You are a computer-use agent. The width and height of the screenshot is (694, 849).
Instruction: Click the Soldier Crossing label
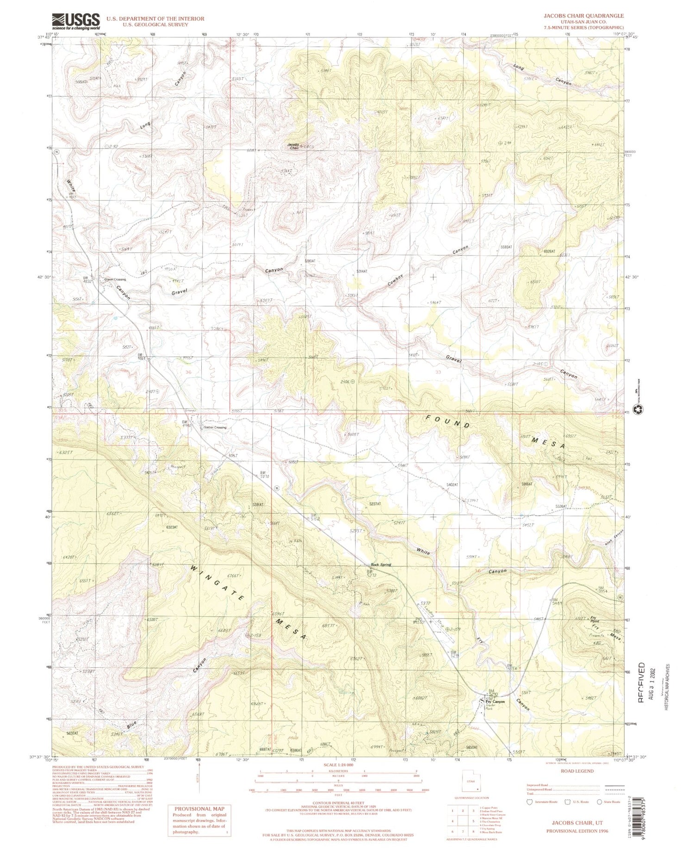pyautogui.click(x=215, y=428)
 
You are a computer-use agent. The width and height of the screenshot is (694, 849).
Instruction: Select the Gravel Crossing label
pyautogui.click(x=114, y=279)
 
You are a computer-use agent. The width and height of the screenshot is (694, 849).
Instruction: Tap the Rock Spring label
pyautogui.click(x=381, y=564)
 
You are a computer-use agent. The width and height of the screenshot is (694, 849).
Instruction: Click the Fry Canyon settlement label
pyautogui.click(x=495, y=701)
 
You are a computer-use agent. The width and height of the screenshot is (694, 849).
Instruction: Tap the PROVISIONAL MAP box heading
pyautogui.click(x=199, y=808)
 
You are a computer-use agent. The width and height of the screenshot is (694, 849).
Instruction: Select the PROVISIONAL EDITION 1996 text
pyautogui.click(x=577, y=831)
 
